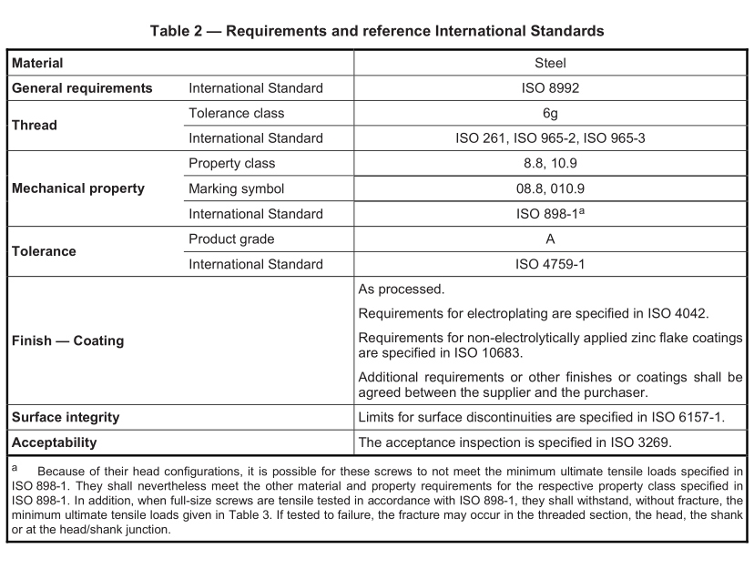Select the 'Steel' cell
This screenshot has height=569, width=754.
pyautogui.click(x=550, y=63)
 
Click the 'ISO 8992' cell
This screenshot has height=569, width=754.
pyautogui.click(x=550, y=88)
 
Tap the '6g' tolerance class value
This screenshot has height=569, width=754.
pyautogui.click(x=550, y=114)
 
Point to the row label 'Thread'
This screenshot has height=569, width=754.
pyautogui.click(x=34, y=126)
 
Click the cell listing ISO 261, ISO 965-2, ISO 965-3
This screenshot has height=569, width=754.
pyautogui.click(x=550, y=138)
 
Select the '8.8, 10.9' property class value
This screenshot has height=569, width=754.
pyautogui.click(x=550, y=164)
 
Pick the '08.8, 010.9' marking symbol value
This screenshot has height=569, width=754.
pyautogui.click(x=550, y=189)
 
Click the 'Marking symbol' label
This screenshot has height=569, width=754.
pyautogui.click(x=236, y=189)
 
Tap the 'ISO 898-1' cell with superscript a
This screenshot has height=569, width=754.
pyautogui.click(x=550, y=214)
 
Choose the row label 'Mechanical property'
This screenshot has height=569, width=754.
pyautogui.click(x=77, y=189)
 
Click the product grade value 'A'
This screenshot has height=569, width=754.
pyautogui.click(x=550, y=239)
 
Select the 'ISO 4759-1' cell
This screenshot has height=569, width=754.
pyautogui.click(x=550, y=265)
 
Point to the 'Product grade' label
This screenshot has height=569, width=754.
pyautogui.click(x=231, y=239)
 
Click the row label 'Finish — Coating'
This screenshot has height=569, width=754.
pyautogui.click(x=67, y=341)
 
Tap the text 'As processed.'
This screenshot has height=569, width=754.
pyautogui.click(x=402, y=290)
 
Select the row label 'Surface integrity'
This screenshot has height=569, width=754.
pyautogui.click(x=66, y=417)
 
